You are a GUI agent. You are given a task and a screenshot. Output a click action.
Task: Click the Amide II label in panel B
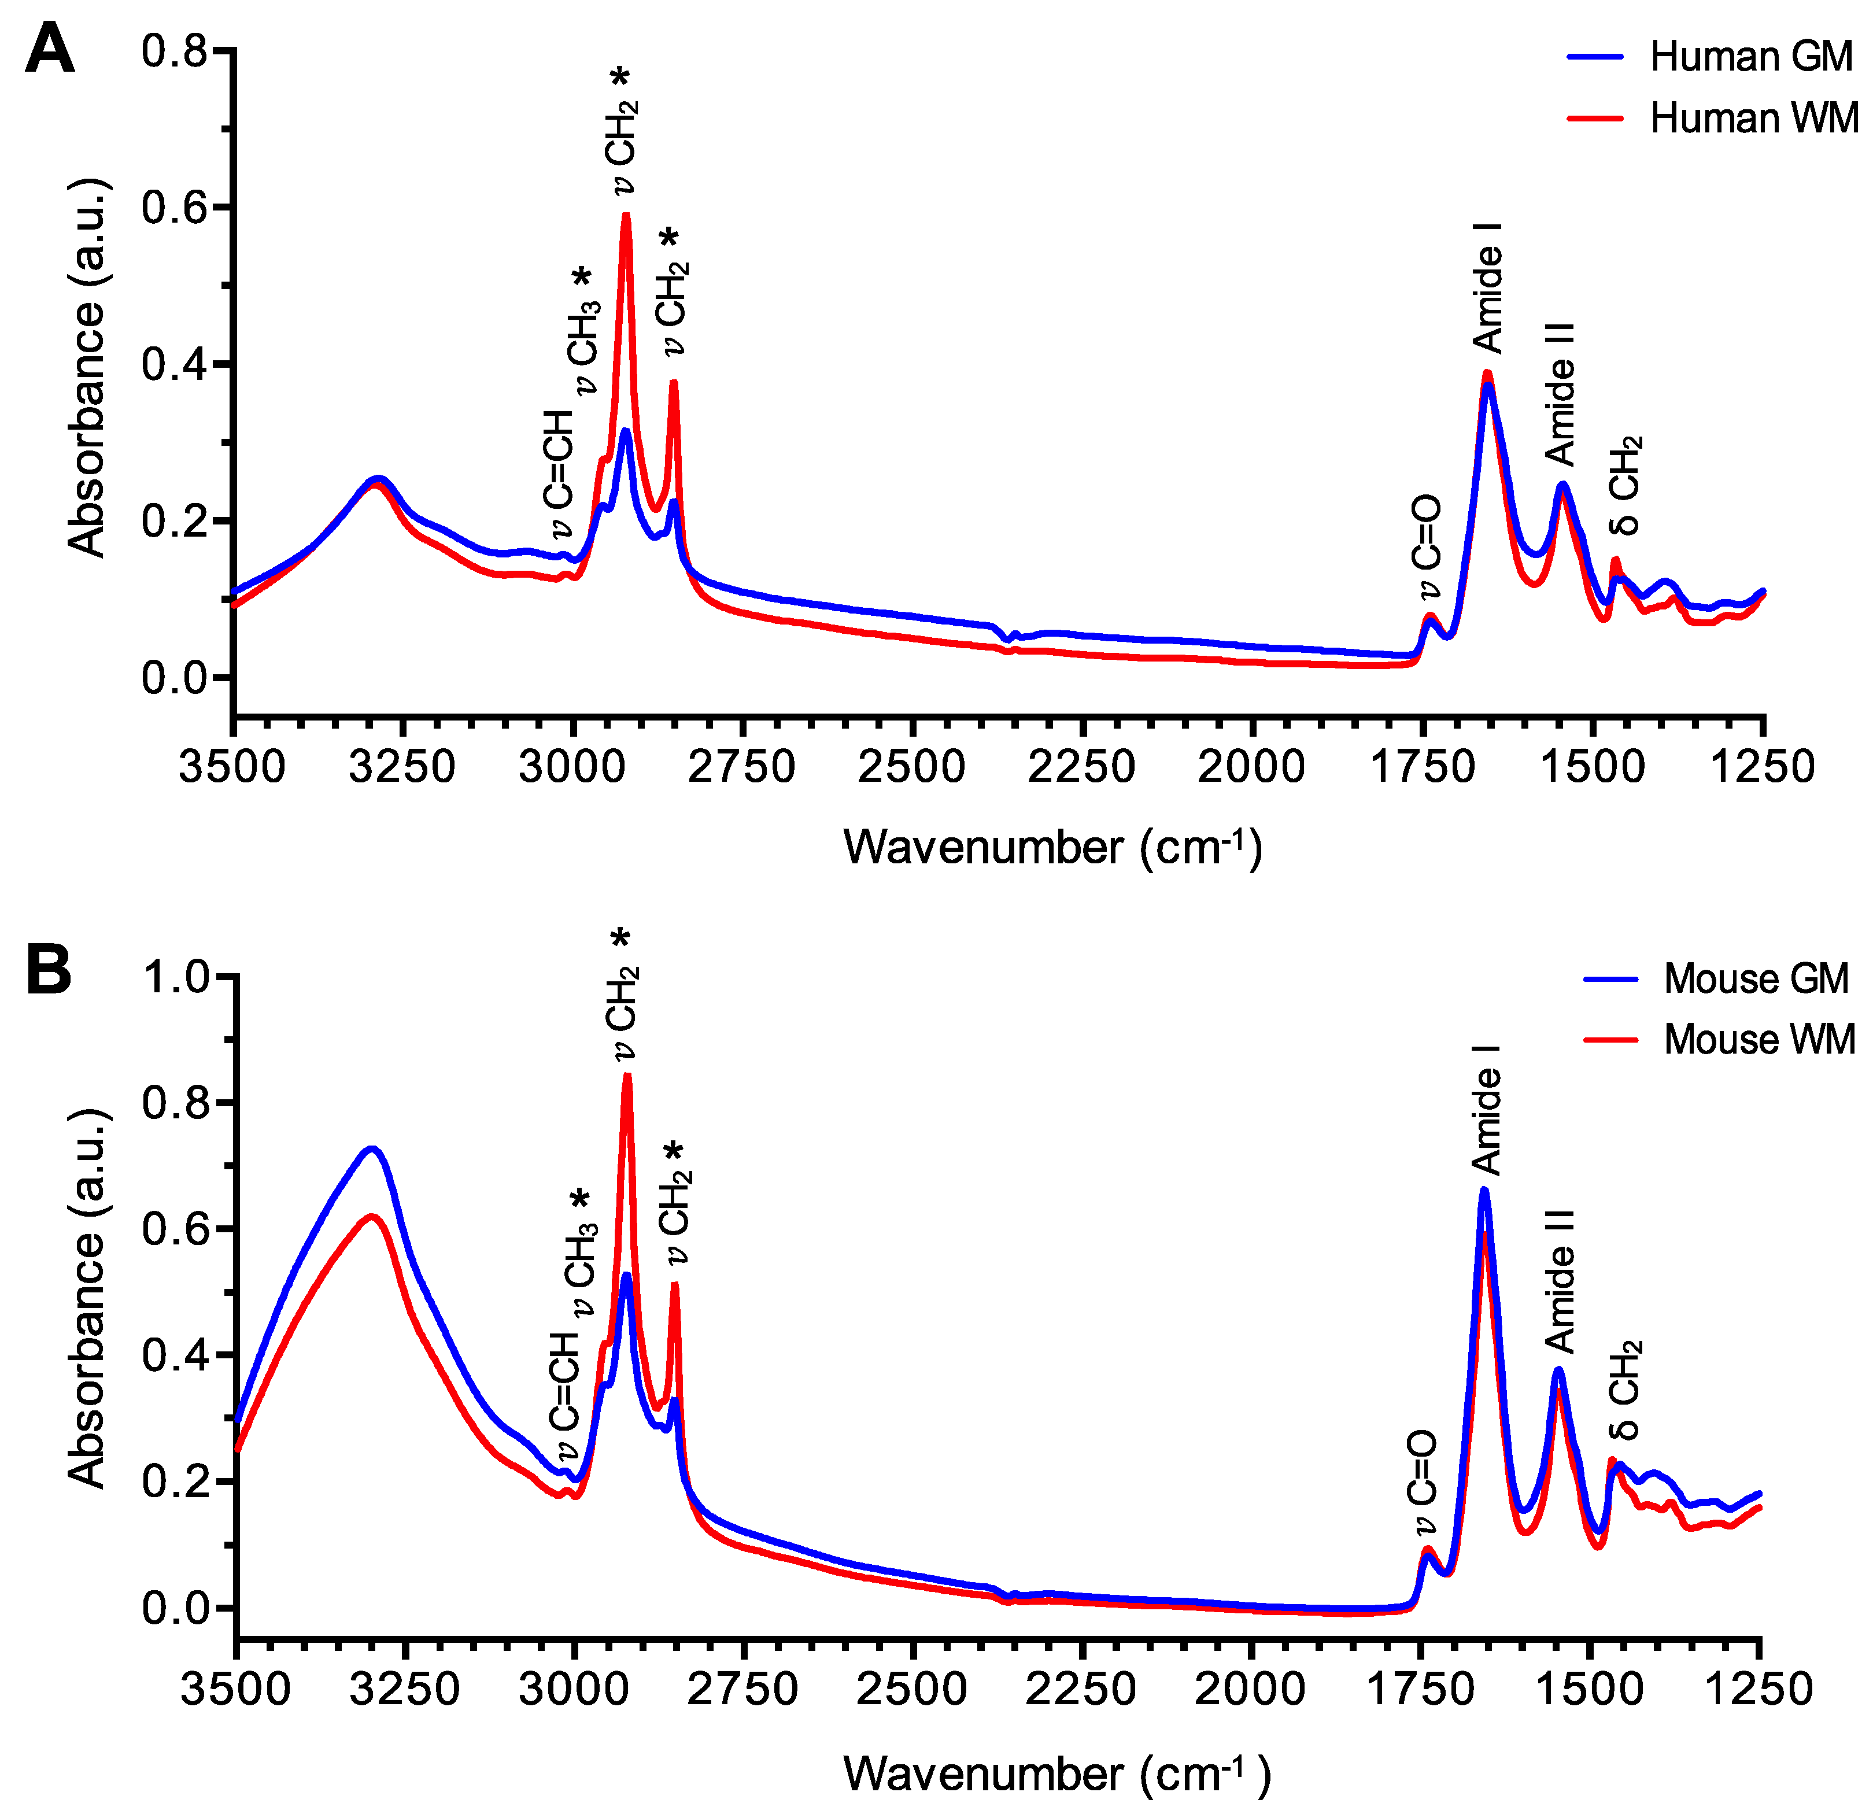click(x=1560, y=1281)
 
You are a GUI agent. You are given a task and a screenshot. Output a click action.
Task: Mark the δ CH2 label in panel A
click(x=1624, y=486)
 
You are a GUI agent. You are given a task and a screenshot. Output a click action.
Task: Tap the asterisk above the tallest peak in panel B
click(x=622, y=940)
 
